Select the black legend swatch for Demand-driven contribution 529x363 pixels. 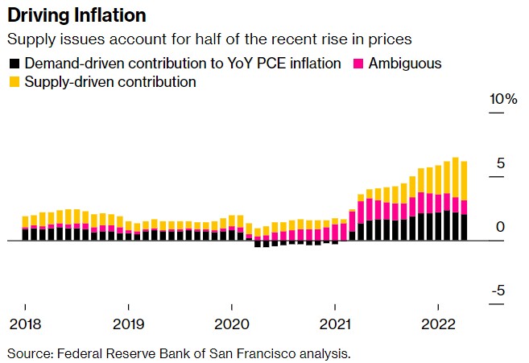13,64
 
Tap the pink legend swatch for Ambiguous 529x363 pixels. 356,64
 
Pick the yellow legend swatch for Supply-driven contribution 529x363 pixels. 13,81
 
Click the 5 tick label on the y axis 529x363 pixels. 500,163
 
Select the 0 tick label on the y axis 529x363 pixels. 500,228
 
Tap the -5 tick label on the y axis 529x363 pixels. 498,291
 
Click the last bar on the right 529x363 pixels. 464,201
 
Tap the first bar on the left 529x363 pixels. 25,228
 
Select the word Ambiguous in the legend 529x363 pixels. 405,64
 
